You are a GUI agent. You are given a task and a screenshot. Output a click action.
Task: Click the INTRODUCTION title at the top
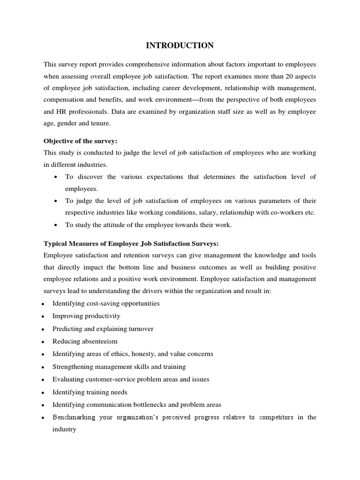180,45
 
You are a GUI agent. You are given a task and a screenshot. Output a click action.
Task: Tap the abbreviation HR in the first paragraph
61,112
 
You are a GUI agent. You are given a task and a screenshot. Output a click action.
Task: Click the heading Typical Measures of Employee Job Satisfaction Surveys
131,243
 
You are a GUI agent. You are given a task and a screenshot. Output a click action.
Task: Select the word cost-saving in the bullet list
100,303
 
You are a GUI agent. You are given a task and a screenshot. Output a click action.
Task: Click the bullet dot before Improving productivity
43,316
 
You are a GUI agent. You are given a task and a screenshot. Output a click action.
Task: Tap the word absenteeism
97,341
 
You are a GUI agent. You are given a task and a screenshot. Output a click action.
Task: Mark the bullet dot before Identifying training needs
43,392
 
